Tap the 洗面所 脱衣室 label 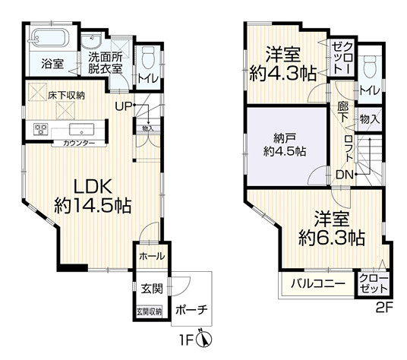click(x=105, y=62)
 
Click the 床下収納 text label click(x=67, y=95)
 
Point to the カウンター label click(x=79, y=143)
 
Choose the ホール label click(x=148, y=257)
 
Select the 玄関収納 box click(x=148, y=310)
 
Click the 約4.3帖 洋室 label click(x=282, y=65)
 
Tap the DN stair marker click(x=343, y=175)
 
